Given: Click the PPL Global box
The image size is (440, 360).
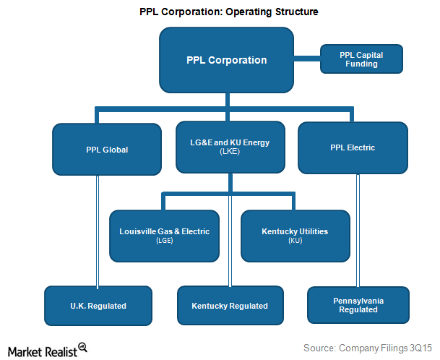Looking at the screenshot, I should (107, 149).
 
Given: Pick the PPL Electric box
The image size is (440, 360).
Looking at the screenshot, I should (352, 148).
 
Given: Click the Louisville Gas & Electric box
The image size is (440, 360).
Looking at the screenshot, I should (164, 236).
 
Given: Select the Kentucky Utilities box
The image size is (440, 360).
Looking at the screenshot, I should (294, 236).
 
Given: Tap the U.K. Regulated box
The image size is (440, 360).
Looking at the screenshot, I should (98, 306).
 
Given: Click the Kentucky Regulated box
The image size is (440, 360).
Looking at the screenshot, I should (230, 306).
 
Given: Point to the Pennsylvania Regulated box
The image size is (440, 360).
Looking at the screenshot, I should (358, 304).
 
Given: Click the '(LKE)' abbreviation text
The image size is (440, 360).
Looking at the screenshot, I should (229, 153).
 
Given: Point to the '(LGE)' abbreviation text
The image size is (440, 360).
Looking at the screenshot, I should (164, 241).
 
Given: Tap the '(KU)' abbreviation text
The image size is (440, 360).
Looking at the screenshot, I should (294, 241).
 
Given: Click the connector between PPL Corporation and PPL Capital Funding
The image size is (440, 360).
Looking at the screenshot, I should (307, 59).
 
